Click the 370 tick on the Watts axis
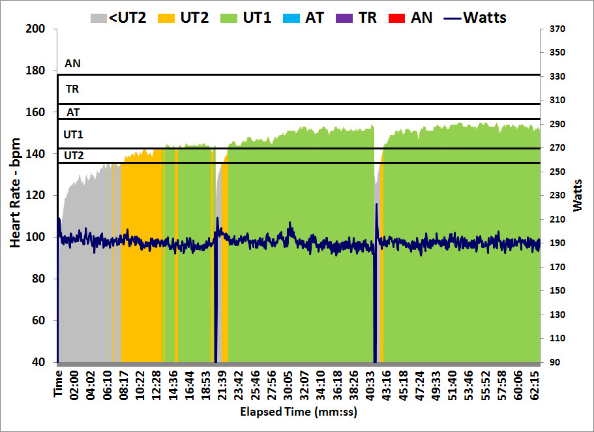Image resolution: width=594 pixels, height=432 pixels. tap(557, 29)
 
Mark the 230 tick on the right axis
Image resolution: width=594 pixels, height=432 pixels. tap(557, 195)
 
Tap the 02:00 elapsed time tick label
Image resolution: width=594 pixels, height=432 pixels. tap(74, 384)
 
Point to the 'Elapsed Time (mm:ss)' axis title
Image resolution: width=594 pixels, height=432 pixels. tap(298, 412)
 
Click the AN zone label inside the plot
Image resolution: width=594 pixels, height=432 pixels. tap(73, 64)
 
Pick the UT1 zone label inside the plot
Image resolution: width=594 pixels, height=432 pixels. tap(73, 134)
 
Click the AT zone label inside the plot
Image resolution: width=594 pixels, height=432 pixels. tap(73, 112)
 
